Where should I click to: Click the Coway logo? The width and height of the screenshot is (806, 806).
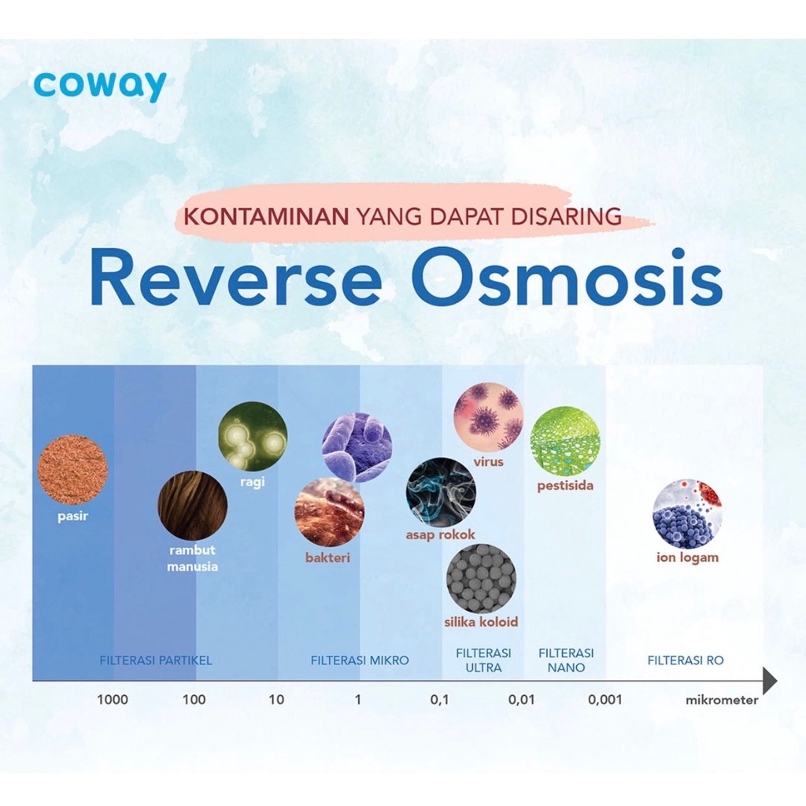point(100,87)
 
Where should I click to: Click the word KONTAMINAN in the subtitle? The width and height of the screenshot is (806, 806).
point(267,216)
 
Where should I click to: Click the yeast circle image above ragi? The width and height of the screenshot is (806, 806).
point(253,436)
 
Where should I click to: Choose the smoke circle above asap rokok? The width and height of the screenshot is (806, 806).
point(441,492)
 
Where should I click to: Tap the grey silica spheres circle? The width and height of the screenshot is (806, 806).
point(481,579)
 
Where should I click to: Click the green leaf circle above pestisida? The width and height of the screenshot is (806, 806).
point(564,441)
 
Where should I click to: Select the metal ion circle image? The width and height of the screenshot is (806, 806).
point(687,515)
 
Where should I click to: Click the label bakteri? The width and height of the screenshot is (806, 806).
point(327,558)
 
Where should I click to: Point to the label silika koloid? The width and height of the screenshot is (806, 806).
point(481,622)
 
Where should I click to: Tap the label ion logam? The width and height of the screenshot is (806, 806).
point(687,558)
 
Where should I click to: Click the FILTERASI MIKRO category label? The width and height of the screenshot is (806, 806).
point(360,660)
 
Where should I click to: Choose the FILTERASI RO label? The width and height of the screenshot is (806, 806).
point(686,660)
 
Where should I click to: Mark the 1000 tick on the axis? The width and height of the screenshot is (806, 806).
point(113,700)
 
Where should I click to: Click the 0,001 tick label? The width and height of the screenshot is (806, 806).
point(605,700)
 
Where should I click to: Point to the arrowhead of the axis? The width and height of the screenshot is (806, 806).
point(770,681)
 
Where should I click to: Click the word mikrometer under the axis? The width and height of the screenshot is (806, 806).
point(722,700)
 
